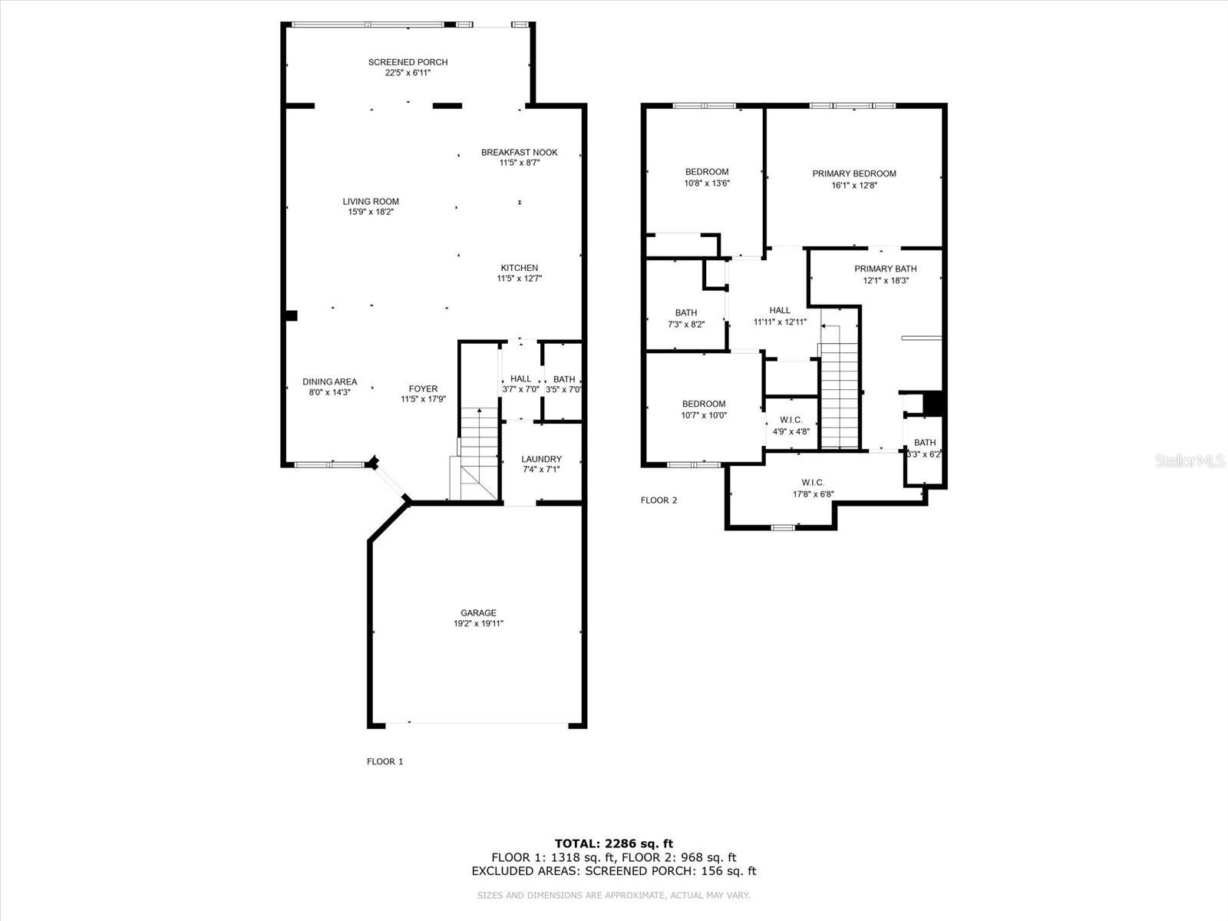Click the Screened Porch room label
(408, 62)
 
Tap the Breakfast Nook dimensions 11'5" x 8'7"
(519, 163)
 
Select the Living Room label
(371, 201)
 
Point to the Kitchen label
(519, 268)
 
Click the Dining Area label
(329, 382)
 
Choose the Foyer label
(423, 388)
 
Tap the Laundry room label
(541, 459)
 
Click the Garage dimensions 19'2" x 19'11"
(478, 623)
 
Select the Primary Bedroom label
(853, 174)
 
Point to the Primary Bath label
(885, 269)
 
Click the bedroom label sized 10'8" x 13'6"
(707, 172)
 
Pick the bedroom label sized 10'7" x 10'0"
(704, 404)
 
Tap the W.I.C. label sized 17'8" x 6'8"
(812, 483)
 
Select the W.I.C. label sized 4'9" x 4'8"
(791, 420)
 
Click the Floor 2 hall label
(780, 310)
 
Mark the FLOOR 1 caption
(385, 761)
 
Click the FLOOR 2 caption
(659, 500)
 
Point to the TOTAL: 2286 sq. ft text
(614, 843)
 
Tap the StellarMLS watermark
(1190, 460)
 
